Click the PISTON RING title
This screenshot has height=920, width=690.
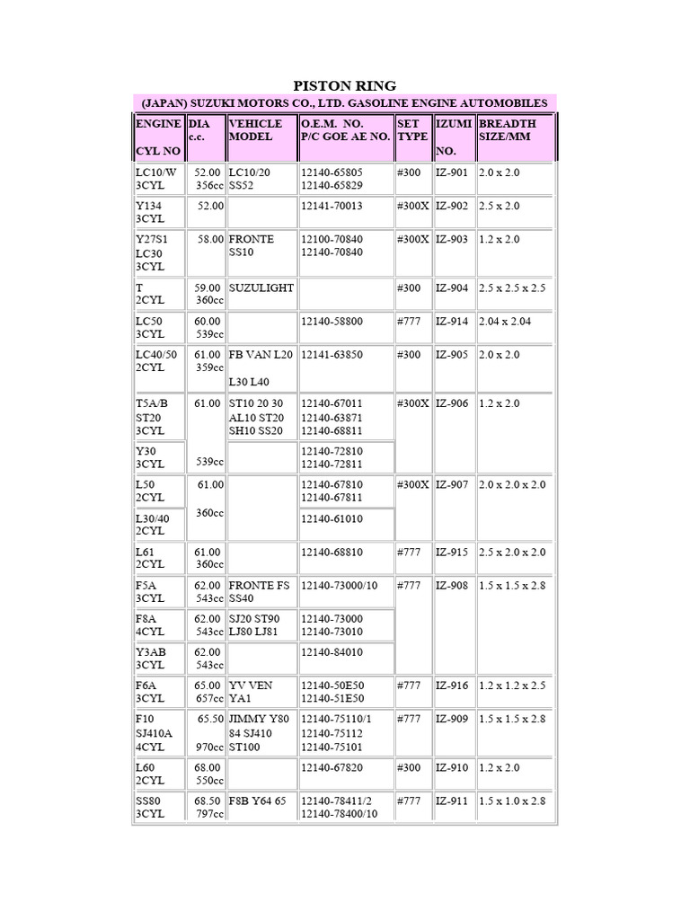click(345, 85)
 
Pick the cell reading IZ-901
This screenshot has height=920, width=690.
click(452, 172)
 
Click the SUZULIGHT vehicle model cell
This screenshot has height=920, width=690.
click(260, 287)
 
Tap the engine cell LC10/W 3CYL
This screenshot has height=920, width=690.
click(157, 178)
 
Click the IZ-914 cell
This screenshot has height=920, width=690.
click(452, 321)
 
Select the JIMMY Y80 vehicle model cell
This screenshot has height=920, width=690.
click(260, 733)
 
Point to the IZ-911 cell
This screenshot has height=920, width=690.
click(452, 801)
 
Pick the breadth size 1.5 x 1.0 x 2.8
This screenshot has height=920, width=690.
click(512, 801)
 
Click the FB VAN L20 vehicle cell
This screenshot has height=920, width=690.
click(261, 355)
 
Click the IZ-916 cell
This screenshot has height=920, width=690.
click(452, 686)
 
